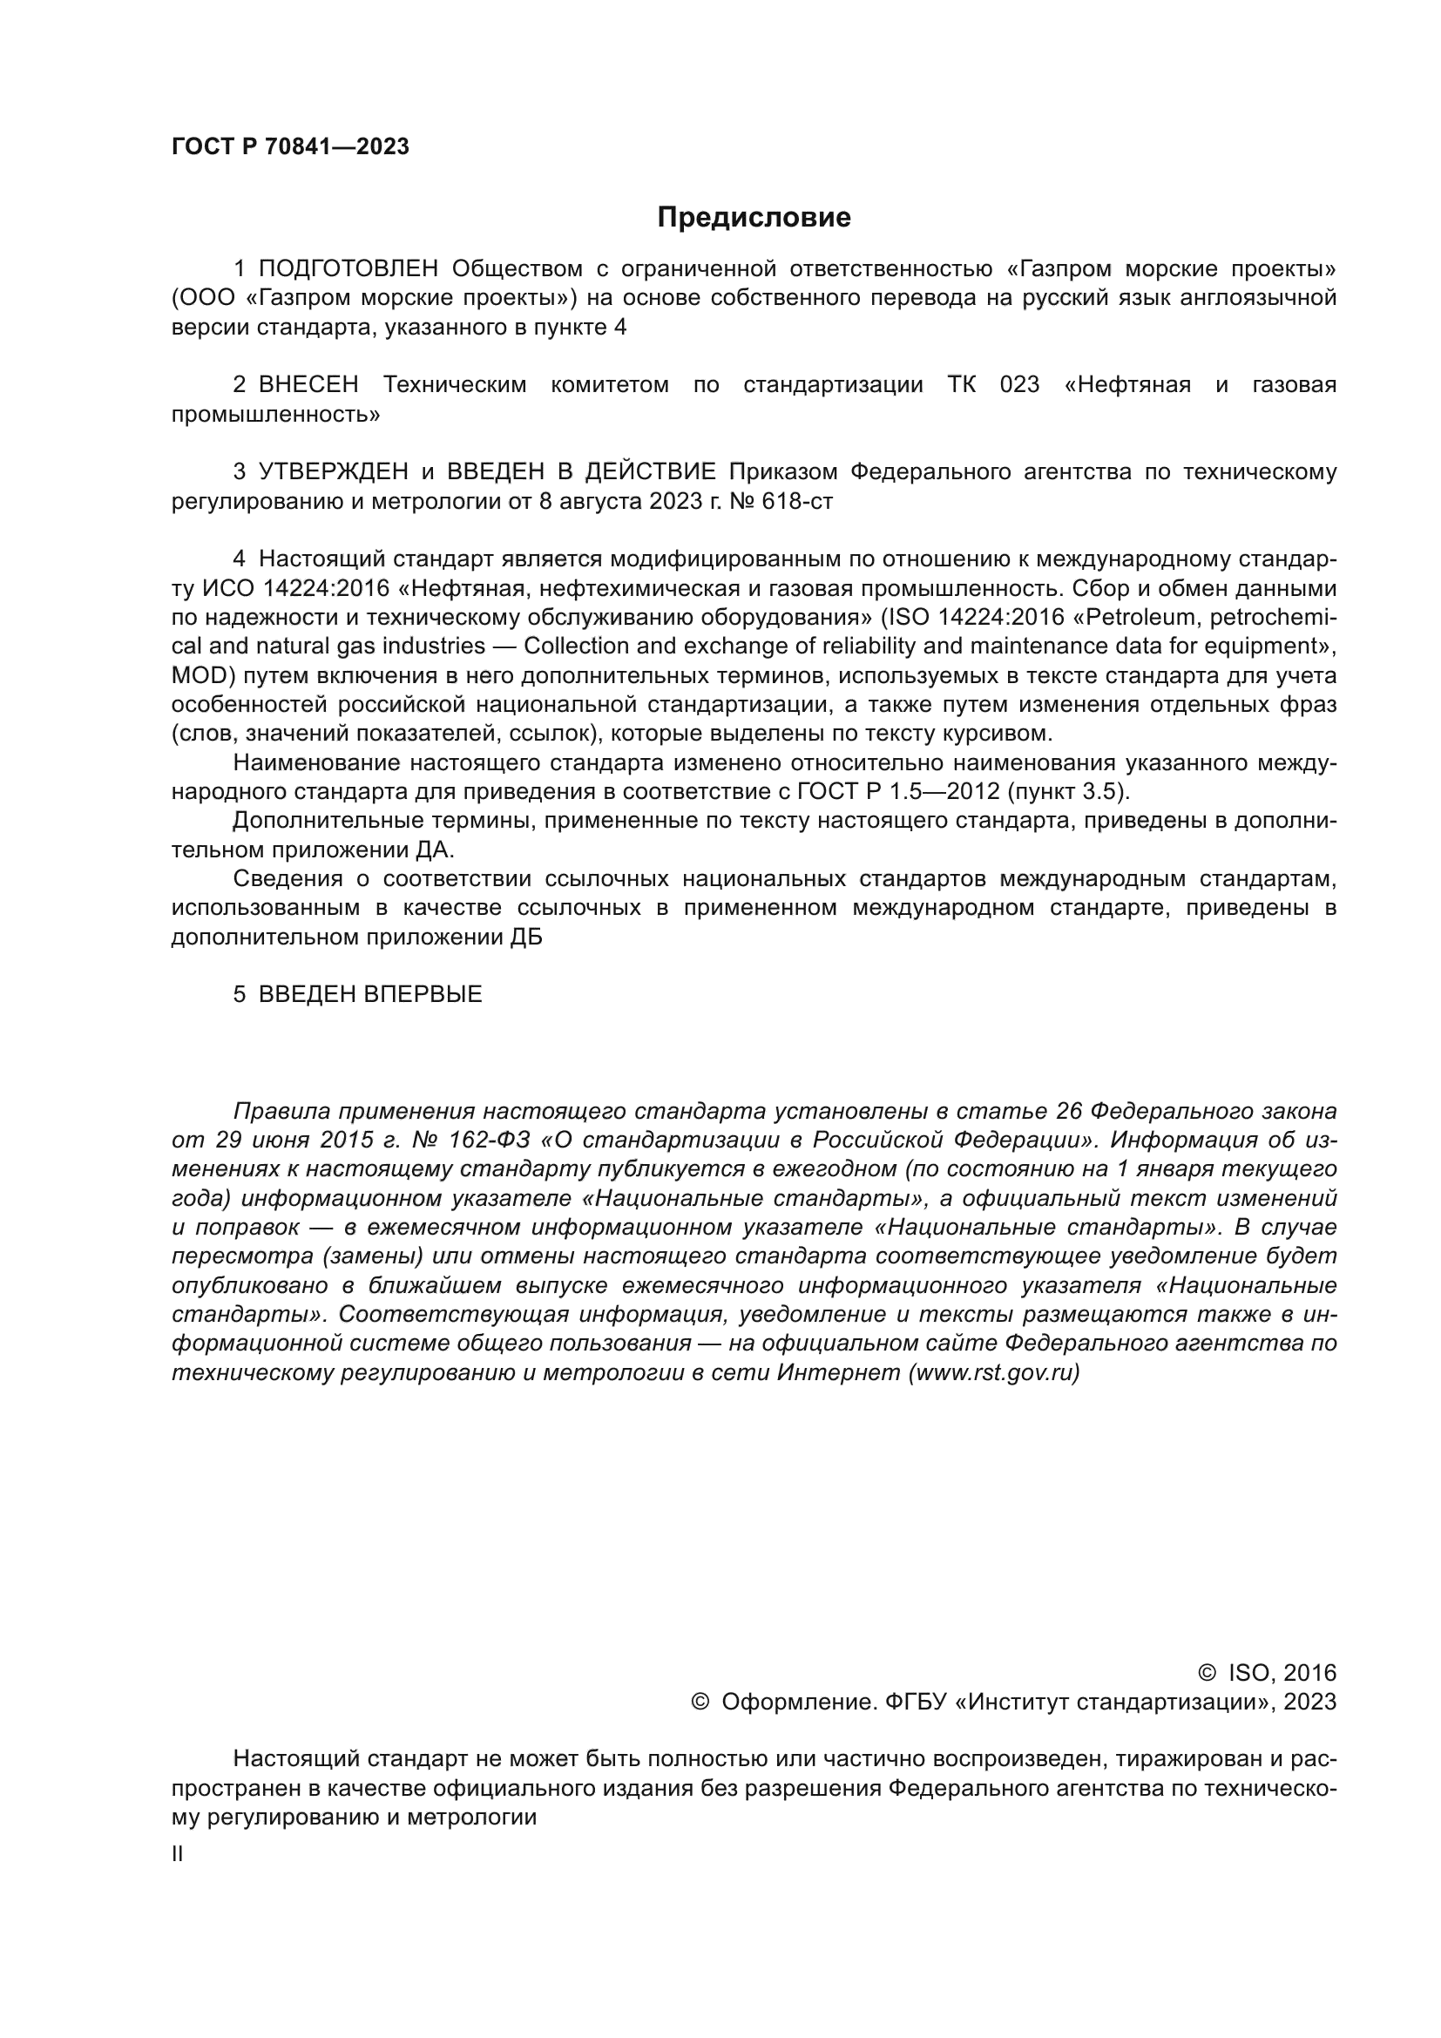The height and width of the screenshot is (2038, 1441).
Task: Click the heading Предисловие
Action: click(754, 218)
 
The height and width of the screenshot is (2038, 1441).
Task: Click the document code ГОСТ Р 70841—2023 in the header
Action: click(290, 147)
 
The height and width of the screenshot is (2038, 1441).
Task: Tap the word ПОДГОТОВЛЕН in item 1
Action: click(348, 268)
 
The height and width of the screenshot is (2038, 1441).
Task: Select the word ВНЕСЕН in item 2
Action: click(308, 385)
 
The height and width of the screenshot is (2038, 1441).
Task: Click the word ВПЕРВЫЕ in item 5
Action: click(423, 994)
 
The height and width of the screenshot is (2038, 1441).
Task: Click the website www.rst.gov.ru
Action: click(993, 1373)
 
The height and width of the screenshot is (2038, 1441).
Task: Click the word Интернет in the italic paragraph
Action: click(838, 1373)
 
